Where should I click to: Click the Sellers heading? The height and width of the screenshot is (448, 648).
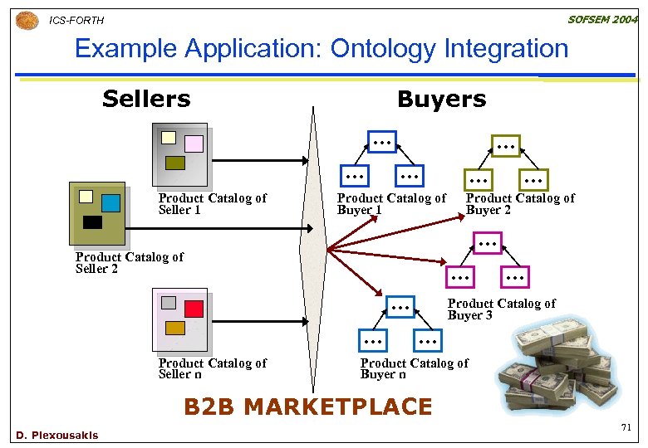click(146, 100)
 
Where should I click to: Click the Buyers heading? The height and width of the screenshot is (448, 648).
click(441, 100)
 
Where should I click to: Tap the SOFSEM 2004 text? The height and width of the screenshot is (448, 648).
click(602, 19)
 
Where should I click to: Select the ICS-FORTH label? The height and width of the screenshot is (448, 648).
click(77, 20)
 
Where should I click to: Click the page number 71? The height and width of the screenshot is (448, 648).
click(626, 427)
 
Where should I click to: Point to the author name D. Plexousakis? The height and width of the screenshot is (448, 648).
click(56, 435)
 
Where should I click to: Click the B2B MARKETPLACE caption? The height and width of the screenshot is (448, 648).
click(307, 407)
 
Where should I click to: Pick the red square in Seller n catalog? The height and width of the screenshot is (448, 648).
click(194, 309)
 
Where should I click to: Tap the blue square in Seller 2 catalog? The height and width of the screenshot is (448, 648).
click(110, 202)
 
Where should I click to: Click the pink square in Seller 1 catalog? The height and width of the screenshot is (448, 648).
click(194, 144)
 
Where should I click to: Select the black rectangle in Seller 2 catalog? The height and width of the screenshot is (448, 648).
click(92, 222)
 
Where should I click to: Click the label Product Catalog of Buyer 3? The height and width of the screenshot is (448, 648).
click(501, 309)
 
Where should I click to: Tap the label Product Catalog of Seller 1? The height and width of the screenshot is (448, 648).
click(212, 204)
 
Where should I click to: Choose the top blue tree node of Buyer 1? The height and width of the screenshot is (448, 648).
click(382, 143)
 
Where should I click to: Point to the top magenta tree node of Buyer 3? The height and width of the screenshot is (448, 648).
click(488, 242)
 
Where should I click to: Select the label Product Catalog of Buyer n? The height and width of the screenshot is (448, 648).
click(414, 368)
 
